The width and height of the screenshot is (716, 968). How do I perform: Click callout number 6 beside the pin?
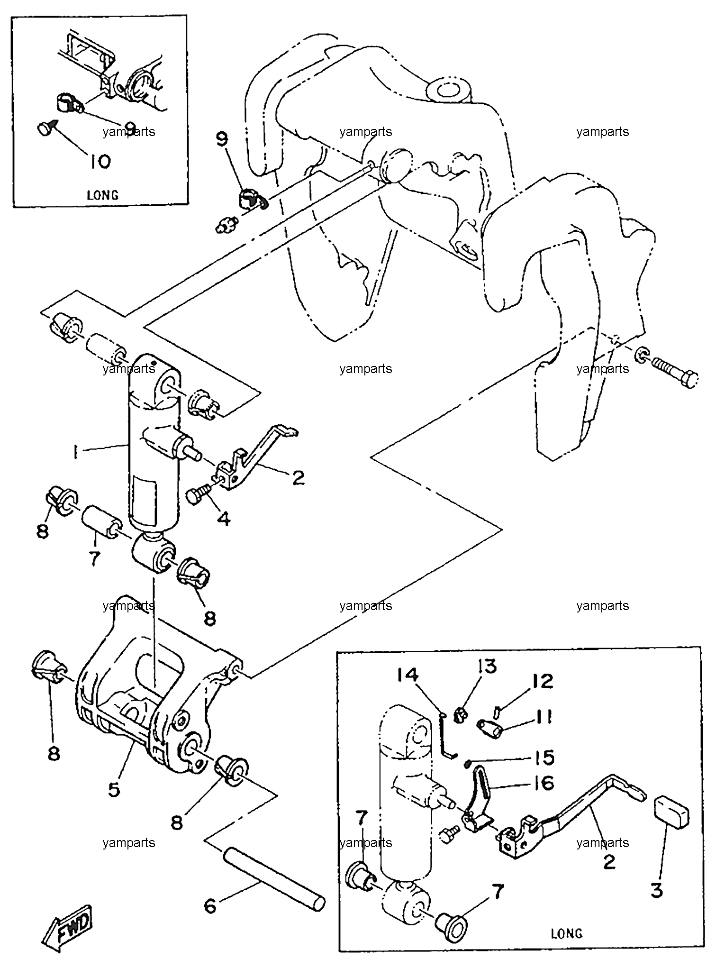pyautogui.click(x=210, y=906)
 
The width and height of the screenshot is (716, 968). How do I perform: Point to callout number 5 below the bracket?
pyautogui.click(x=115, y=789)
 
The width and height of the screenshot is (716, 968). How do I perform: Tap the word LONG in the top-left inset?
pyautogui.click(x=103, y=195)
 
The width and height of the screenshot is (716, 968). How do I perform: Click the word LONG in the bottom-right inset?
pyautogui.click(x=566, y=934)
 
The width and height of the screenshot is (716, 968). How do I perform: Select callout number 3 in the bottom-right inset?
pyautogui.click(x=656, y=890)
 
